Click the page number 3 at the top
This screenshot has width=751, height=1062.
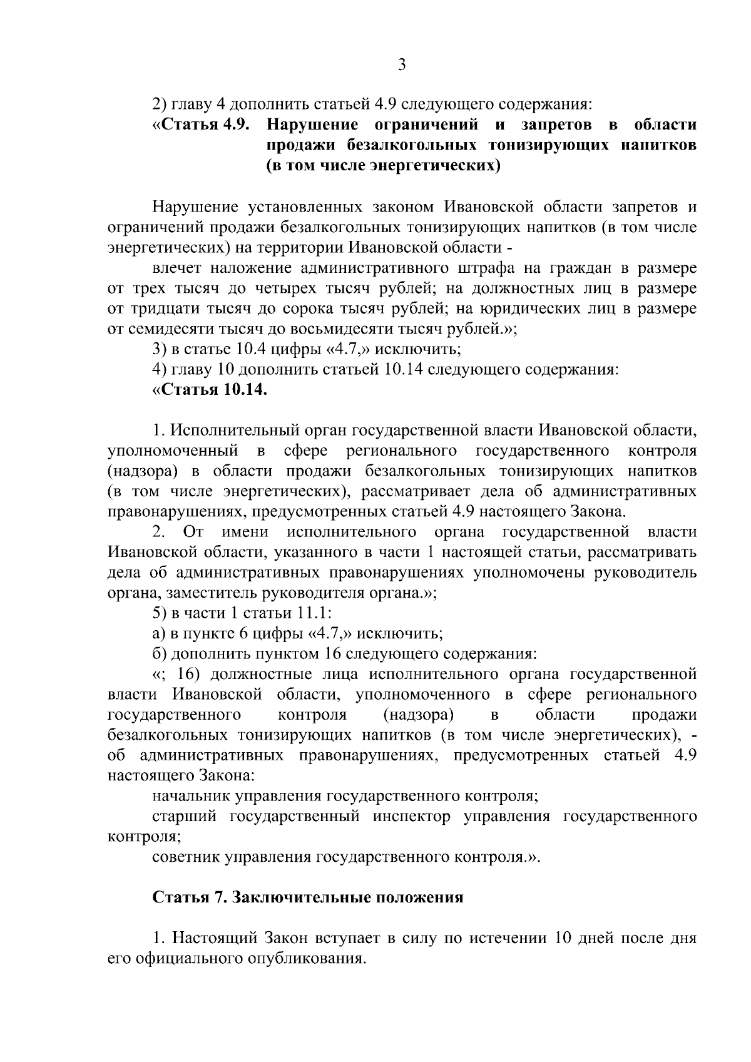tap(402, 65)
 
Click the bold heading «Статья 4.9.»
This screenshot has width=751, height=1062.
tap(203, 125)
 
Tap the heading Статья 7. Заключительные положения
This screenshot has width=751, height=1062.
tap(308, 897)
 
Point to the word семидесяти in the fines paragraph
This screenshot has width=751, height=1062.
tap(171, 329)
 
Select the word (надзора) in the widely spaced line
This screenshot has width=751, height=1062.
tap(418, 715)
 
